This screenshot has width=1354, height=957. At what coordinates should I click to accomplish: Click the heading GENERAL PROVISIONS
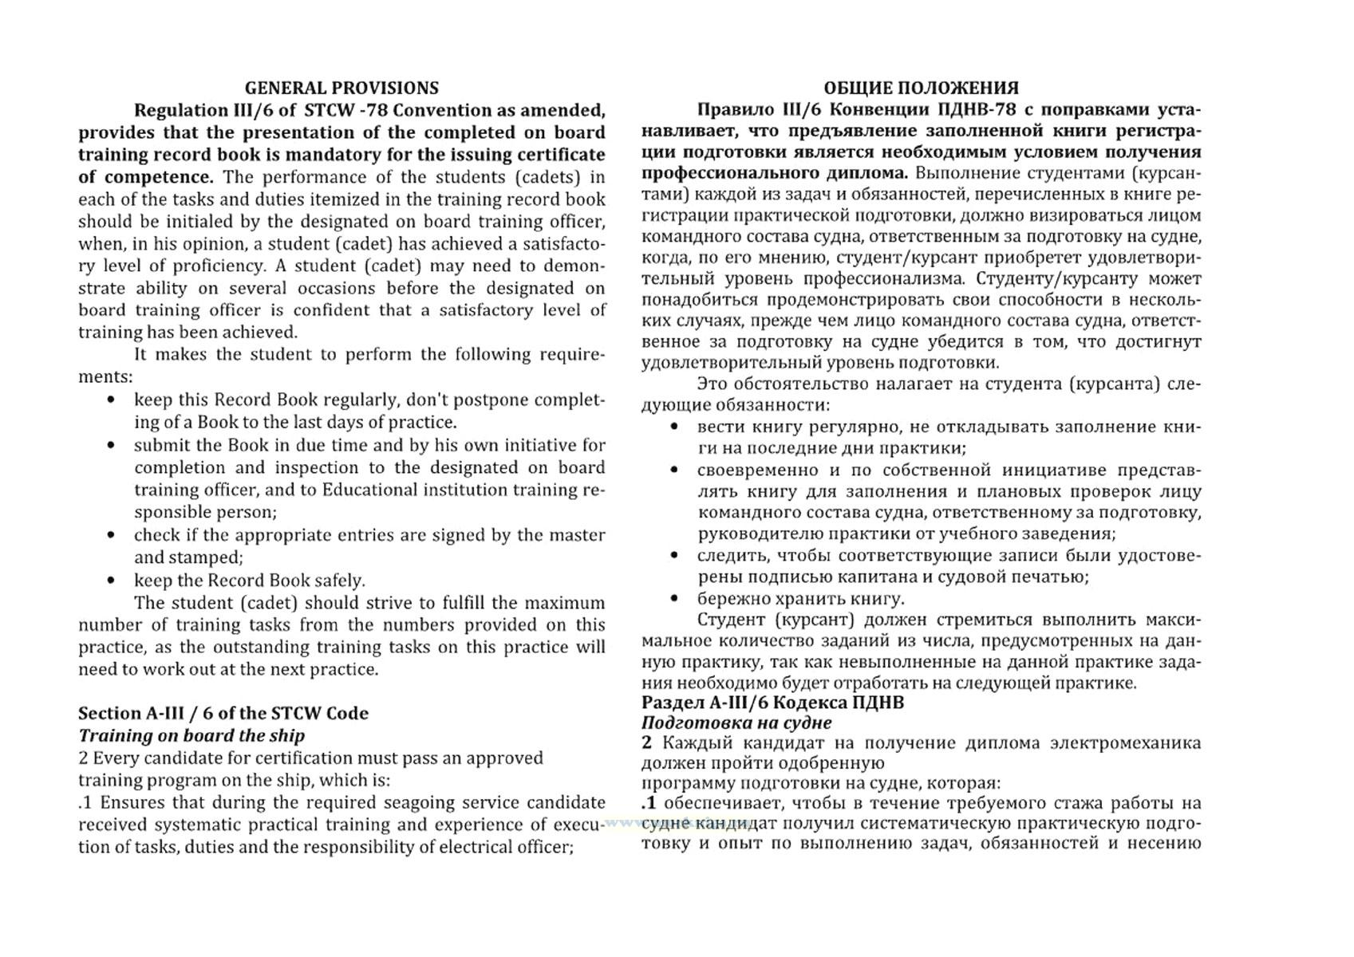[x=341, y=88]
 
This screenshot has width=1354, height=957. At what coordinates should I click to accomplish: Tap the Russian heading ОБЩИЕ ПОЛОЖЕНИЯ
[x=921, y=88]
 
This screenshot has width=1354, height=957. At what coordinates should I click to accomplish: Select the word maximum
[x=565, y=603]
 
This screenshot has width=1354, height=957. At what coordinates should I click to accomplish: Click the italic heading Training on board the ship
[x=191, y=735]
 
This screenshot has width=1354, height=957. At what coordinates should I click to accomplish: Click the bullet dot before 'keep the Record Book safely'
[x=112, y=581]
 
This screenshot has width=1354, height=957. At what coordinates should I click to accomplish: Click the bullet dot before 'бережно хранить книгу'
[x=675, y=598]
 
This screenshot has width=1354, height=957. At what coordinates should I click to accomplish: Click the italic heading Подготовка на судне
[x=736, y=723]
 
